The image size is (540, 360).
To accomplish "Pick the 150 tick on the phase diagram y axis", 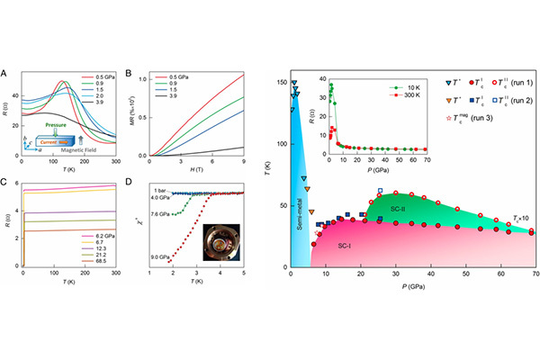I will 280,82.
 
